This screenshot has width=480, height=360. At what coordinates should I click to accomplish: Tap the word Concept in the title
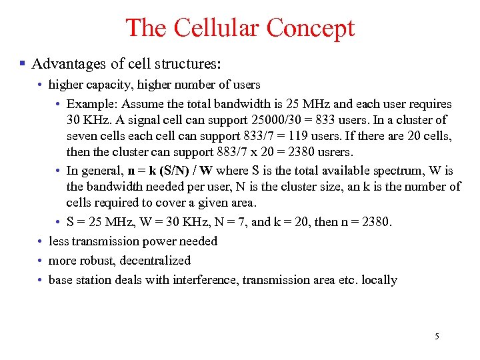(x=311, y=28)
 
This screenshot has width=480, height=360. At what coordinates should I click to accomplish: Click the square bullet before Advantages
(x=22, y=64)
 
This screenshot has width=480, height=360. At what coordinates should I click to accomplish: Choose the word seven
(x=82, y=137)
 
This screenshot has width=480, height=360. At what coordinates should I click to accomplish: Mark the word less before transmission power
(x=59, y=241)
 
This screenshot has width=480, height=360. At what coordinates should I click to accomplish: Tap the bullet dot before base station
(x=41, y=280)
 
